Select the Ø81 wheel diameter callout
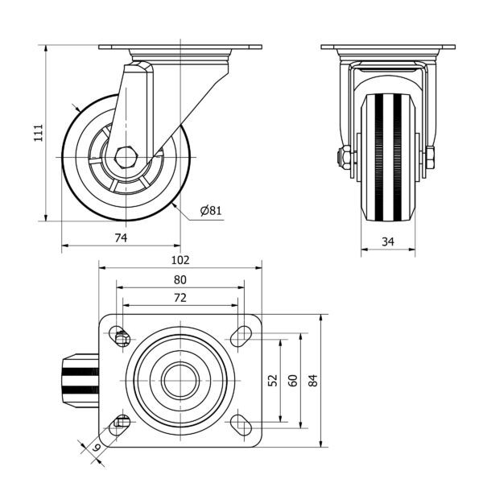[x=210, y=211]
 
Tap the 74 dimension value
[x=122, y=237]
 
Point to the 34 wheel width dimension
[x=388, y=242]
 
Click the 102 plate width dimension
[x=180, y=259]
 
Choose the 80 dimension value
[x=180, y=279]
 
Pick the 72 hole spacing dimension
[x=180, y=297]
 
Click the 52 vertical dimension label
[x=272, y=380]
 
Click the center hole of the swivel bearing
[x=180, y=380]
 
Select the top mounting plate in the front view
[x=388, y=47]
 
